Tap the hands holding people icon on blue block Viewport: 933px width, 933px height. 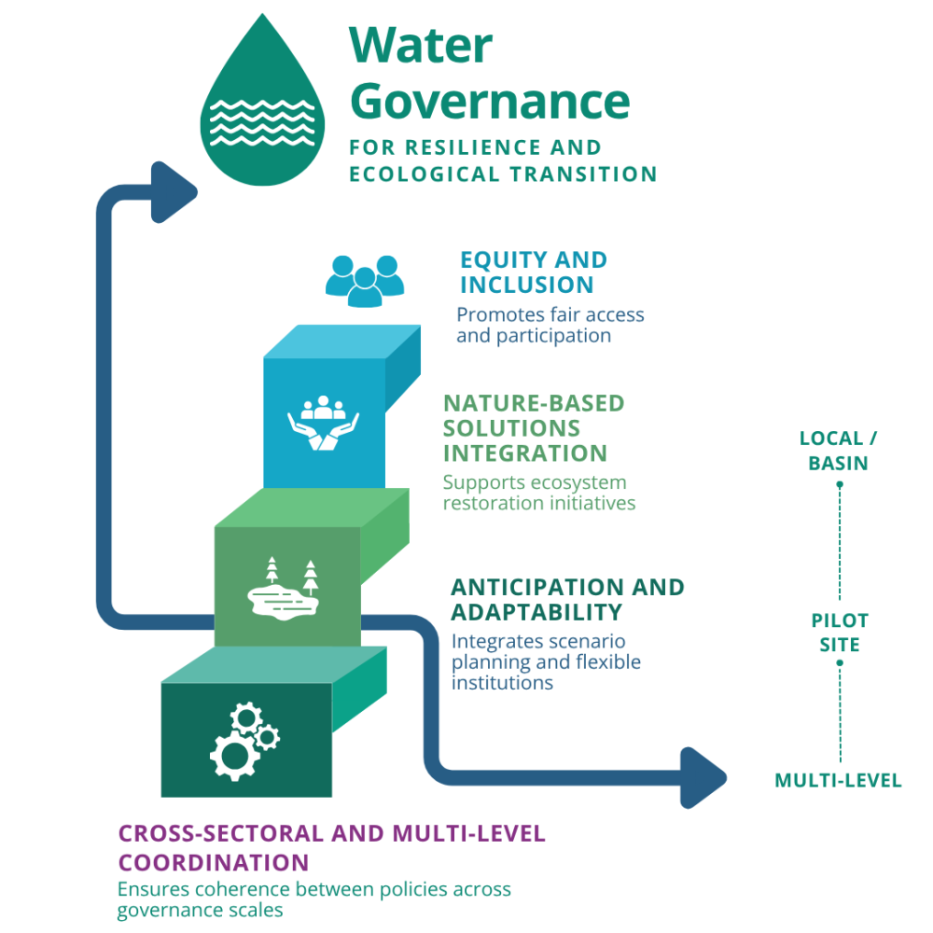tap(323, 425)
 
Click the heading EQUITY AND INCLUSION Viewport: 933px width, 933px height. tap(533, 272)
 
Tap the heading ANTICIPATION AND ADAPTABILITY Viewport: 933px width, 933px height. tap(566, 600)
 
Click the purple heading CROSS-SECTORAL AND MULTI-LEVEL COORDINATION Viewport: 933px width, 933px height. tap(331, 846)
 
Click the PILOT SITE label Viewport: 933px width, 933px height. tap(839, 633)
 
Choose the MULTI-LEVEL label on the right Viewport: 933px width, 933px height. tap(838, 781)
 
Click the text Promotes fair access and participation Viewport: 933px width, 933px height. tap(550, 326)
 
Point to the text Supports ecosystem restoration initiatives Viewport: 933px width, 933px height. tap(538, 493)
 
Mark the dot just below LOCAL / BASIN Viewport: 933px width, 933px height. tap(840, 484)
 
